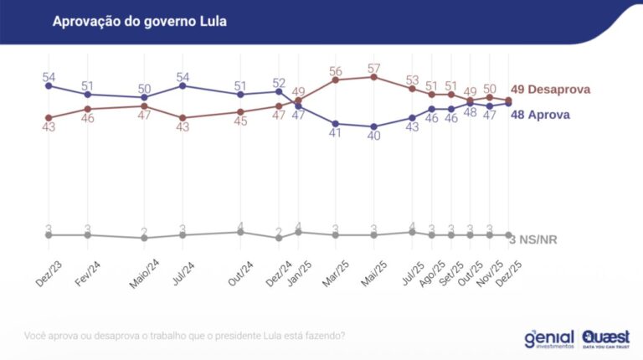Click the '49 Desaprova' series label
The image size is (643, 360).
point(551,90)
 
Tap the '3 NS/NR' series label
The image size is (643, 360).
point(534,239)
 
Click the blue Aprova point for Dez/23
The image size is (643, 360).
point(49,85)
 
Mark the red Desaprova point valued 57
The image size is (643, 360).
point(374,77)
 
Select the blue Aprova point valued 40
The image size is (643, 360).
point(374,126)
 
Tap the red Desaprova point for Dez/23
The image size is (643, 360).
point(49,117)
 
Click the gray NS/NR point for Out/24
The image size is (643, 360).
point(241,232)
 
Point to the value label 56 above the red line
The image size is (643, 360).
point(336,71)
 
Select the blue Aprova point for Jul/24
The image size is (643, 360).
point(183,85)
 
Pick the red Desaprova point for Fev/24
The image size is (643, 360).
point(88,109)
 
